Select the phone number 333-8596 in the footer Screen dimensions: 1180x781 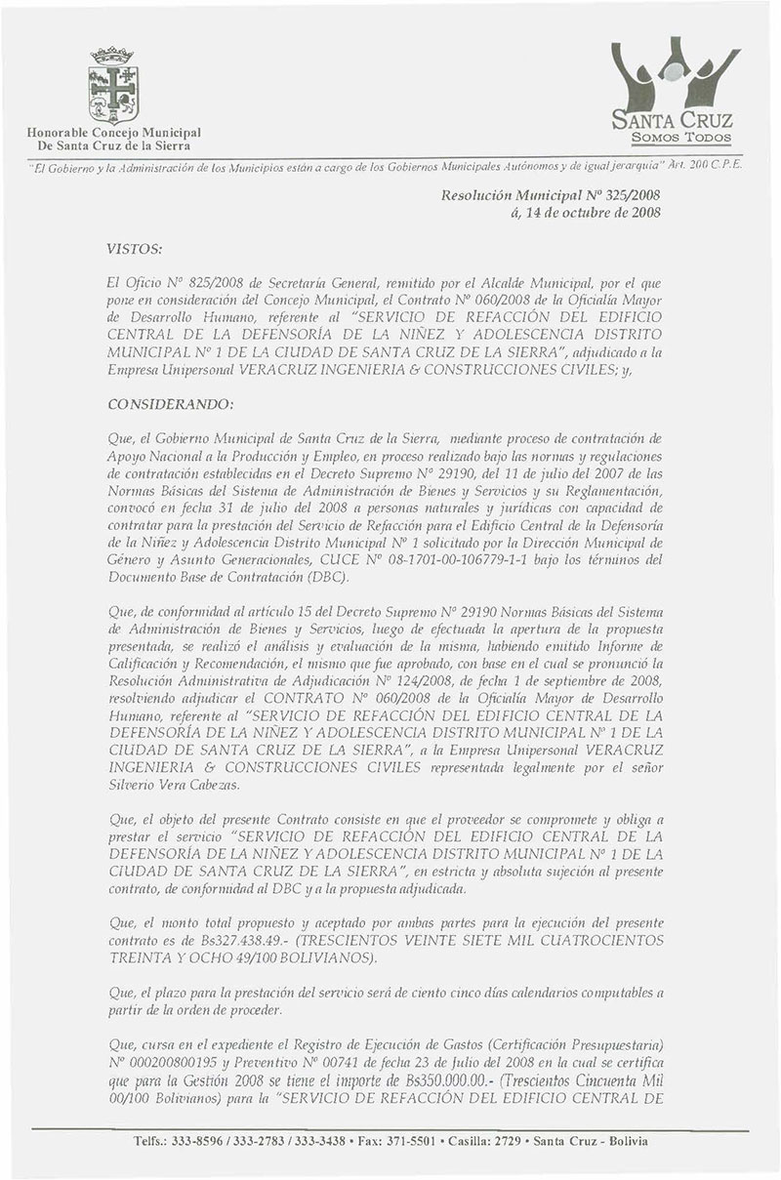click(197, 1141)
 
